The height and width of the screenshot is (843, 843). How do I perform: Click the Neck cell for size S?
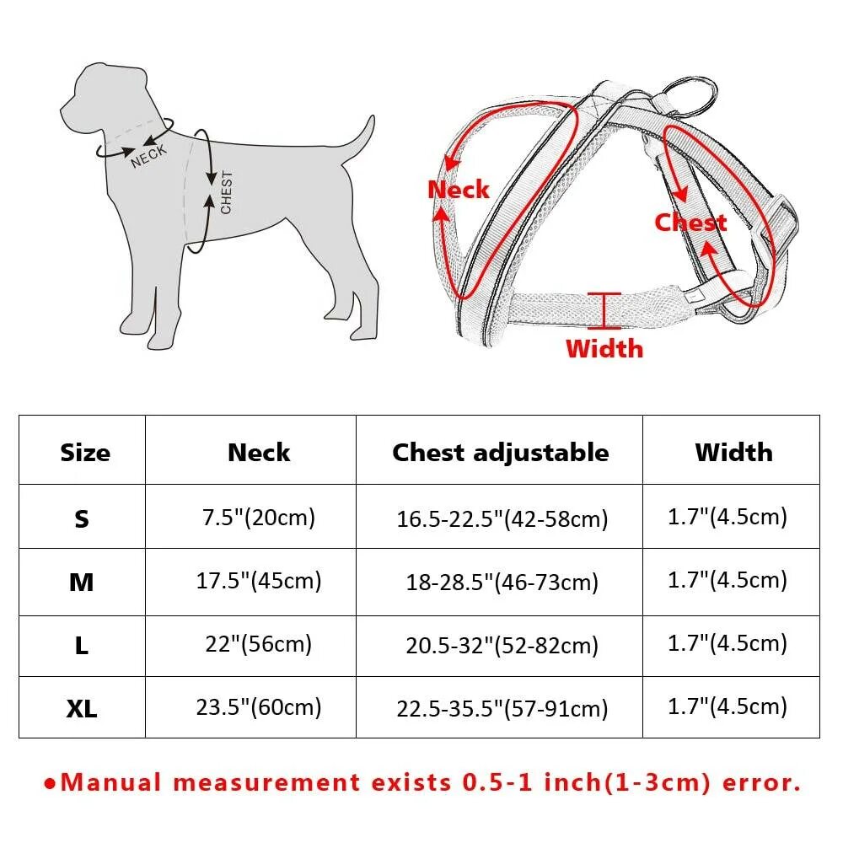point(258,517)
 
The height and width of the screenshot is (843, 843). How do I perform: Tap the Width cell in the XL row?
point(728,706)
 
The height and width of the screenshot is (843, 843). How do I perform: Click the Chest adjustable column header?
point(500,453)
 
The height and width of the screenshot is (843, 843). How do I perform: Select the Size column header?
point(84,453)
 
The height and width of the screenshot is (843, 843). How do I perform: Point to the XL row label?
point(82,709)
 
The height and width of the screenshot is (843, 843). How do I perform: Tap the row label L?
point(82,647)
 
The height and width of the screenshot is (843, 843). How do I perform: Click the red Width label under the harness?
point(604,348)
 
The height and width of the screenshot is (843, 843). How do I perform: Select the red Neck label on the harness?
point(458,190)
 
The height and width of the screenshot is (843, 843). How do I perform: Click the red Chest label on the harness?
point(690,223)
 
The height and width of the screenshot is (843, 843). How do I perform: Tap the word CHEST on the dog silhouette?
point(226,192)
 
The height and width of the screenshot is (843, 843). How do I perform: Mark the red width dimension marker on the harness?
point(604,311)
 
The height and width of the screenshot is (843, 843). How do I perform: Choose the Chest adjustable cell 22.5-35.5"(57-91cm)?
point(502,709)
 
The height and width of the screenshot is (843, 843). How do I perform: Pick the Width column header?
point(733,453)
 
